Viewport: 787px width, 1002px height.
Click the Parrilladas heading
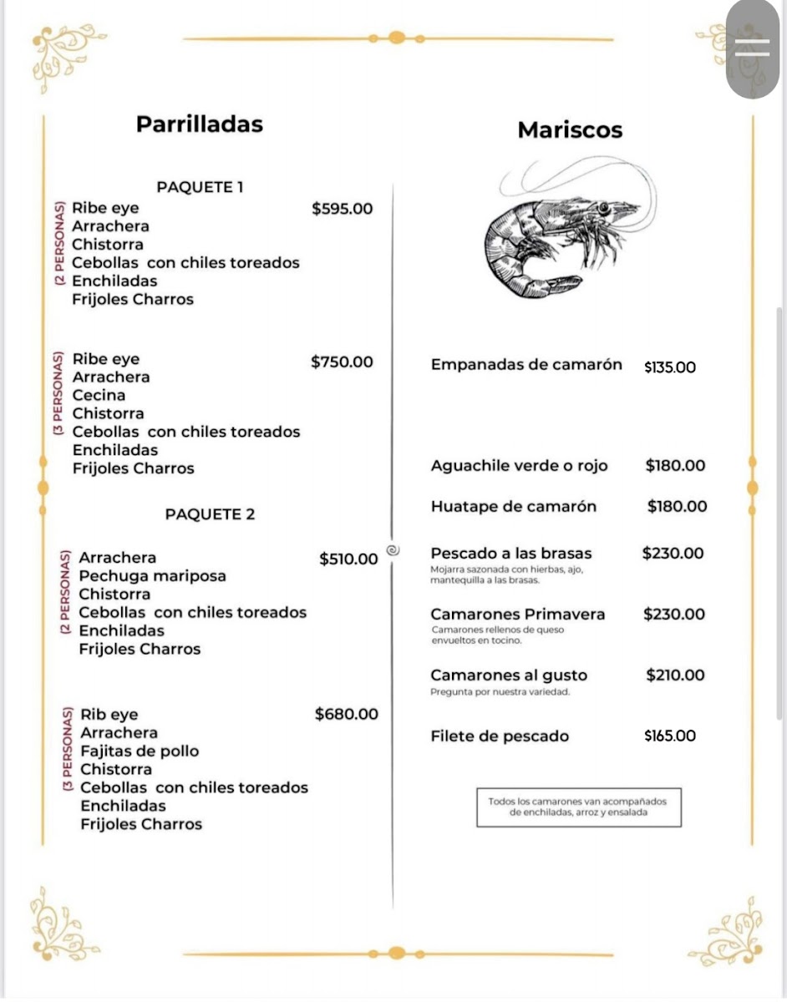199,124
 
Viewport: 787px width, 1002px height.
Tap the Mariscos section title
570,130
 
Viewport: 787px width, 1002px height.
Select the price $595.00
342,208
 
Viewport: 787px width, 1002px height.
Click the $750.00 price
342,362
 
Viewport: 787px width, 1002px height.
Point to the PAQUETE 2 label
210,514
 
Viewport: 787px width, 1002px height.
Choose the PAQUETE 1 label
200,187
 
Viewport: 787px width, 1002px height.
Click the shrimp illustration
560,234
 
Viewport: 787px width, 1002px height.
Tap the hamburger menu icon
752,48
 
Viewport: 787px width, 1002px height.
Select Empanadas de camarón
526,365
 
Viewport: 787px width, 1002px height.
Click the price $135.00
670,367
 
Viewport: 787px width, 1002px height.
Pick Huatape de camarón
514,506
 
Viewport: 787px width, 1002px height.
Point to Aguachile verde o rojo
519,466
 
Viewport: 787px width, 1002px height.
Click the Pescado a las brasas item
511,553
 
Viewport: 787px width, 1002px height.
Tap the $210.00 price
675,675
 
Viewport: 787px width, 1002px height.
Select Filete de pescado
500,736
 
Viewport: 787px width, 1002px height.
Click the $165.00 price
670,736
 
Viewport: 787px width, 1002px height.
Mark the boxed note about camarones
578,807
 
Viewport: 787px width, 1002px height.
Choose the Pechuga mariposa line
152,576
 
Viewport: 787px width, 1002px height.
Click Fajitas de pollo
140,751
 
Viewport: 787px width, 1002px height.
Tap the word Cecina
99,395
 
